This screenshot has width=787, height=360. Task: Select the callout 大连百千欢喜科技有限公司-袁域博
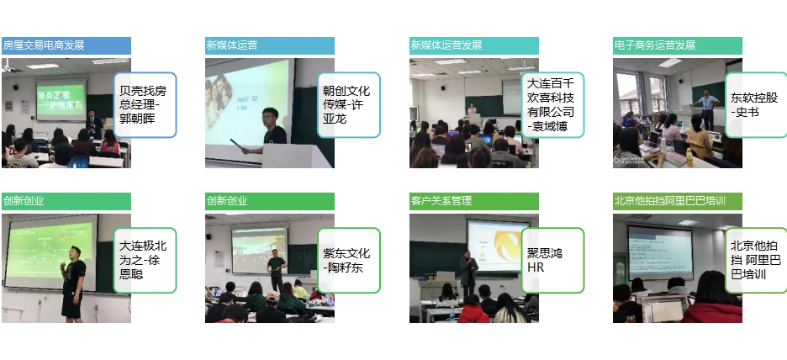tap(552, 104)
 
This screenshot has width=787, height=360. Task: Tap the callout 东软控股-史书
tap(755, 104)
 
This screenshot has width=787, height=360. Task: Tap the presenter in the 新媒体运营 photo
tap(272, 135)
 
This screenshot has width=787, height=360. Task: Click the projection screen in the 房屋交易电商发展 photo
tap(61, 99)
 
